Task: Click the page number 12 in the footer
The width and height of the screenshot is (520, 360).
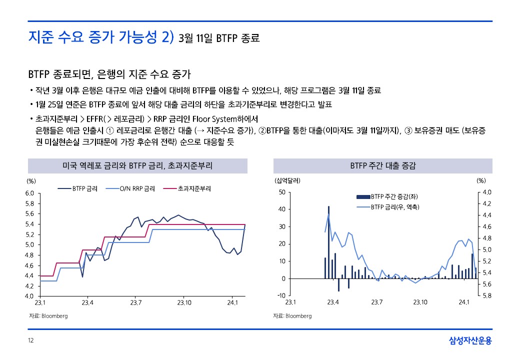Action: [x=30, y=341]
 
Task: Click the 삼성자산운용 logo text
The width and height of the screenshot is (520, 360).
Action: [x=470, y=341]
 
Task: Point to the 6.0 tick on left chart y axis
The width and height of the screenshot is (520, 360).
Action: [x=29, y=193]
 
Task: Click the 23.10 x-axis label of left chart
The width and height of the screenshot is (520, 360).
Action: [x=184, y=302]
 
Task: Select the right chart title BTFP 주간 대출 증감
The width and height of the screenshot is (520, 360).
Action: [x=383, y=165]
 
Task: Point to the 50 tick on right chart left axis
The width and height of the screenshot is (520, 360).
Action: [x=282, y=192]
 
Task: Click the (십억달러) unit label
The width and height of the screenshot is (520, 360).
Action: [x=287, y=180]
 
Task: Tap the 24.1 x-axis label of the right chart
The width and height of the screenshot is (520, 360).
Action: [x=464, y=302]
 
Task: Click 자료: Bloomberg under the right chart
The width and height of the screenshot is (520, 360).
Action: [x=292, y=316]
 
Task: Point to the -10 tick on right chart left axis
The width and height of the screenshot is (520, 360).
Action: [x=281, y=295]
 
